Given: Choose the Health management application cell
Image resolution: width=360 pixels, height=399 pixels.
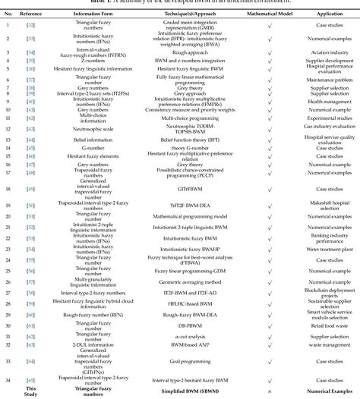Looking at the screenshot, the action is [323, 101].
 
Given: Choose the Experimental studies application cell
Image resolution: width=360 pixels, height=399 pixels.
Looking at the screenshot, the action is [323, 119].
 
